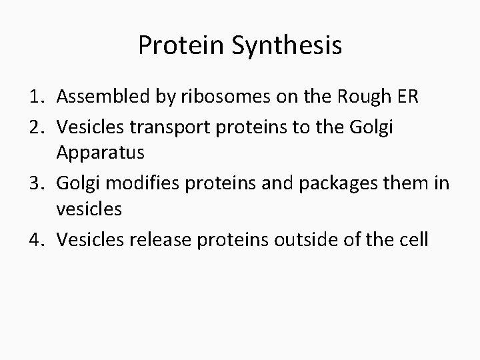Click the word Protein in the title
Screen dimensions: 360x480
click(x=177, y=45)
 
